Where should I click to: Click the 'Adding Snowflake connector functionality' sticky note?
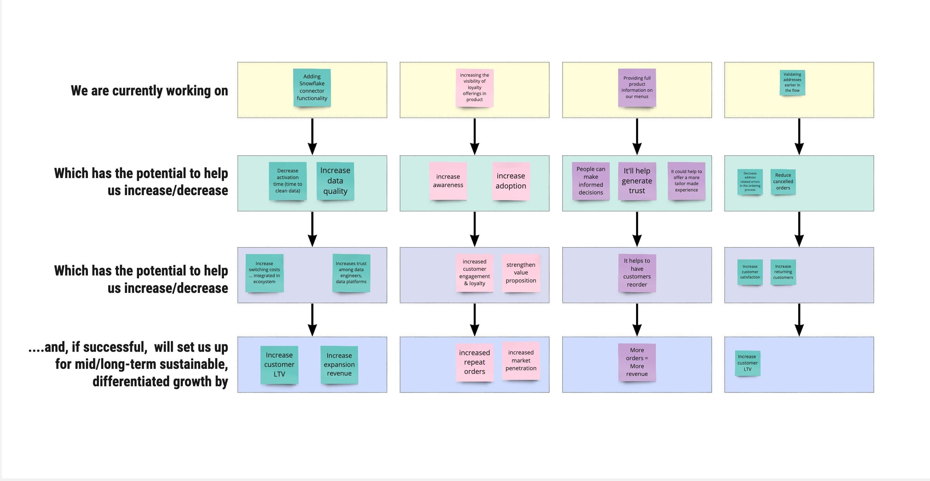coord(312,87)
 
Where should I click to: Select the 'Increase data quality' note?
coord(335,181)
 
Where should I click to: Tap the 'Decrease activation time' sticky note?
coord(288,181)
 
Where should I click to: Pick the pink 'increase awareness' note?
coord(448,181)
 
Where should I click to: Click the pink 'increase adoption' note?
coord(510,181)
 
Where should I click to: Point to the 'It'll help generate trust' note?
coord(637,181)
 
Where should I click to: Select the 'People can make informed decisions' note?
coord(591,181)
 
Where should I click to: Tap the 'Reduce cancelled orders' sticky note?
coord(783,181)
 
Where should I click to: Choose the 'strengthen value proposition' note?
coord(520,272)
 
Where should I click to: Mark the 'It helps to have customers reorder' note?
coord(637,272)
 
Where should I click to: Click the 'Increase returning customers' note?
coord(783,272)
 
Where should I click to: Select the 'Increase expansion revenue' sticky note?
coord(339,364)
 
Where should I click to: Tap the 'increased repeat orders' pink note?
coord(474,362)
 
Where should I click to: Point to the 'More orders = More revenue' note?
coord(637,362)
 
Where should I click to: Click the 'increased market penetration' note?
coord(520,360)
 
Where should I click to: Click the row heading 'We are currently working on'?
coord(149,90)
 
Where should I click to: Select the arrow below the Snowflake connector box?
coord(312,137)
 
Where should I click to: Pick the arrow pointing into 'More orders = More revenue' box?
coord(637,320)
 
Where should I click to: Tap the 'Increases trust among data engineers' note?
coord(351,272)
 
